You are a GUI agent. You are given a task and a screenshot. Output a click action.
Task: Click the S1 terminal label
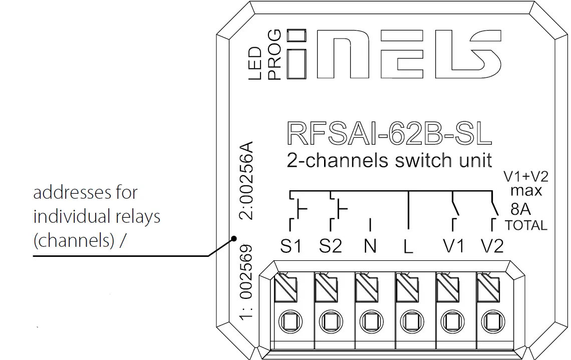[x=291, y=246]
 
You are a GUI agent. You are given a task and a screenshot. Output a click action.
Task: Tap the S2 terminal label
[x=331, y=246]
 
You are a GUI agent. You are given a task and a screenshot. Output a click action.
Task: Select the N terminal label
[x=370, y=246]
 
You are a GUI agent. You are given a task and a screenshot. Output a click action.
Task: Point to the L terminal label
[x=409, y=247]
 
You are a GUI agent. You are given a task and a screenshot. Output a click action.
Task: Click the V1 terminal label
[x=454, y=246]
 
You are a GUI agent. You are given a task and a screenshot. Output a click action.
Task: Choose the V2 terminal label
[x=492, y=246]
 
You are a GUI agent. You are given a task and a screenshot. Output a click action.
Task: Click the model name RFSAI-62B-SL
[x=389, y=133]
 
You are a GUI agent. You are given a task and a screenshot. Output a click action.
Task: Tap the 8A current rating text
[x=520, y=208]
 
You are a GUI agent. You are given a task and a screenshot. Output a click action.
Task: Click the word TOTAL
[x=526, y=225]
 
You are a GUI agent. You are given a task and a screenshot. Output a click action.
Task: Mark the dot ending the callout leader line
[x=233, y=240]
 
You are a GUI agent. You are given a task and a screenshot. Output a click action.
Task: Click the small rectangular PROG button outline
[x=297, y=35]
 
